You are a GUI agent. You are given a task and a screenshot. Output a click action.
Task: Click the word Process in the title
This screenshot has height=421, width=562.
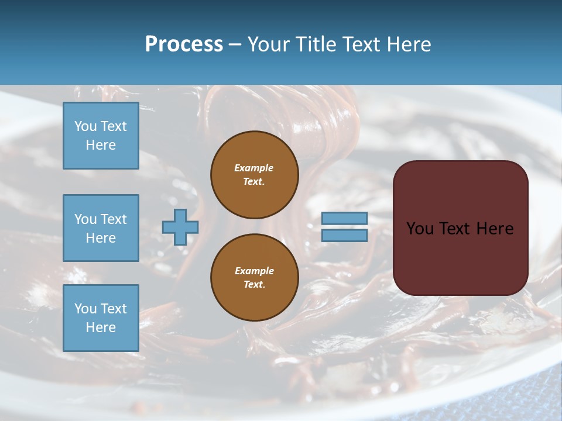coord(184,44)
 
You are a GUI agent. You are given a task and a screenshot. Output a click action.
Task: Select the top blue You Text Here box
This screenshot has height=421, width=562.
coord(101,136)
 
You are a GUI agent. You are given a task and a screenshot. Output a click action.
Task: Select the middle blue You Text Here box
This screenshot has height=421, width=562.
coord(101,228)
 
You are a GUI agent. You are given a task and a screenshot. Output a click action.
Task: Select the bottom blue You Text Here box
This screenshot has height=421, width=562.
coord(101,318)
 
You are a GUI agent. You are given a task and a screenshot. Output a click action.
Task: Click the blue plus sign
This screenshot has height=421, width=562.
coord(180,227)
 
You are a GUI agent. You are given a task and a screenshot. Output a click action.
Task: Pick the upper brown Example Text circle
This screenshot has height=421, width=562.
coord(255,175)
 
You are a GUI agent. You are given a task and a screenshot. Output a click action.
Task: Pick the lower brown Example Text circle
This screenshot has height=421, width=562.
coord(255,278)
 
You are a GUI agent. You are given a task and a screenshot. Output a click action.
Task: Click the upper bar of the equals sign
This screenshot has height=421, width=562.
coord(344,218)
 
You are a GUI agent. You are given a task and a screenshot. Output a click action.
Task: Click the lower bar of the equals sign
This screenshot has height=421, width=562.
coord(344,235)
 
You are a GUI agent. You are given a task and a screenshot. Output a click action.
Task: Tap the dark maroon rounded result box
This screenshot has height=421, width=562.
coord(460,257)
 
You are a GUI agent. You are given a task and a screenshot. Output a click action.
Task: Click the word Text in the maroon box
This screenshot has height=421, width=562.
coord(455,229)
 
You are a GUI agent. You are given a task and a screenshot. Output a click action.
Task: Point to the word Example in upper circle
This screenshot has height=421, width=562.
coord(254,168)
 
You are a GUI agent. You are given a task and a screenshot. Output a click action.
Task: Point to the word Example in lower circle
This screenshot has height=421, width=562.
coord(254,271)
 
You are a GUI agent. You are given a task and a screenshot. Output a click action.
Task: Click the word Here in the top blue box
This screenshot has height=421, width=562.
coord(101,145)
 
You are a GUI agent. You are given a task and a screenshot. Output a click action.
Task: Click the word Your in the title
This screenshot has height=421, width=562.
coord(269,44)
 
